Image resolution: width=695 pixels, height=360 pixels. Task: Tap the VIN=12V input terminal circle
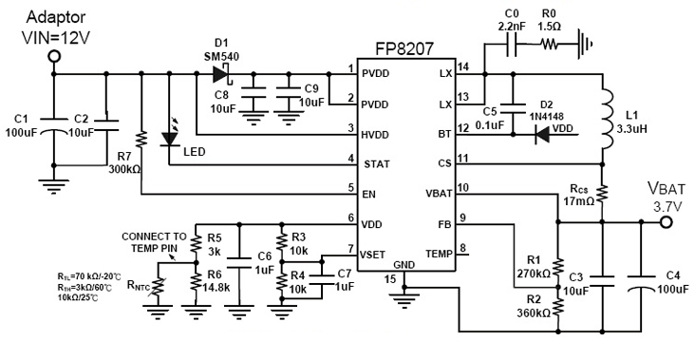click(54, 58)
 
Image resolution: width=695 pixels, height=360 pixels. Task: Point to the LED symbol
click(170, 139)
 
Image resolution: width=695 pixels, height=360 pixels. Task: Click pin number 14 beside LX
click(462, 67)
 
